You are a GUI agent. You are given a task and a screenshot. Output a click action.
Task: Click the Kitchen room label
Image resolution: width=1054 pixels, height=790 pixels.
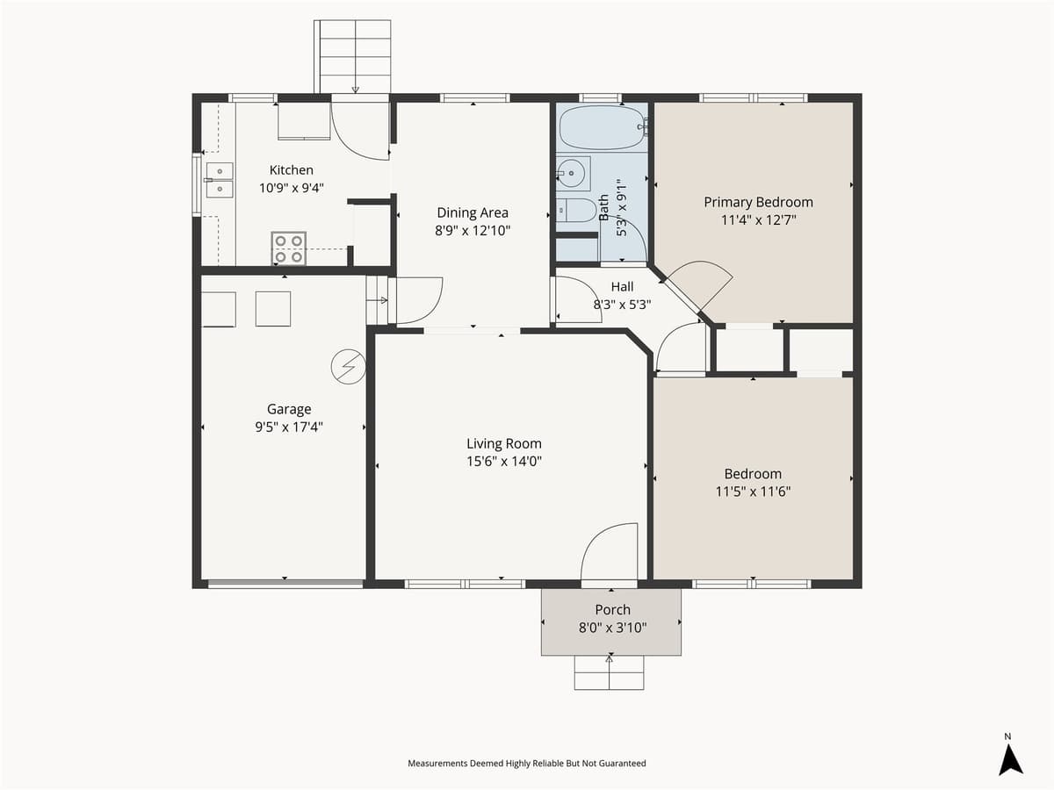click(x=291, y=170)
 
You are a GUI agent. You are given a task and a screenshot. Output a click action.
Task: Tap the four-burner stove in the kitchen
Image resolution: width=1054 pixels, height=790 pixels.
click(x=288, y=248)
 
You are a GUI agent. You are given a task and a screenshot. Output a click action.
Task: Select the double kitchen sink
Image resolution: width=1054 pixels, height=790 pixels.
click(x=219, y=180)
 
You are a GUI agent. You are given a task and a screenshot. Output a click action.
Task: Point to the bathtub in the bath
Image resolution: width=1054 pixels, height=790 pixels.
click(x=603, y=128)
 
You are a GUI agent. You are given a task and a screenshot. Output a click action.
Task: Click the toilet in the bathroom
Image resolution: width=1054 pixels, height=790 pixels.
click(x=574, y=211)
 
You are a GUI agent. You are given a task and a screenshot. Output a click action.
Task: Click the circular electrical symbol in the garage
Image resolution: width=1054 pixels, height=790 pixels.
click(x=348, y=367)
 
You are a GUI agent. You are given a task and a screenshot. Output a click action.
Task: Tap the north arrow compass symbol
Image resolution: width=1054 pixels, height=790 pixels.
click(x=1010, y=758)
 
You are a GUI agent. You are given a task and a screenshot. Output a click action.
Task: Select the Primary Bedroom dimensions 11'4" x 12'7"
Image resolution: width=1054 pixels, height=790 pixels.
click(x=758, y=219)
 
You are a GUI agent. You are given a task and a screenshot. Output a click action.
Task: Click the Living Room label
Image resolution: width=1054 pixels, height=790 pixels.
click(x=503, y=443)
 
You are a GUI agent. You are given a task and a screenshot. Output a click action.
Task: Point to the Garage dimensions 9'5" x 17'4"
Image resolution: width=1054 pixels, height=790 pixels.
click(x=289, y=427)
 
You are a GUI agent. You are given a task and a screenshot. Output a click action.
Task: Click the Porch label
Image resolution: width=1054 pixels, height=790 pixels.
click(x=612, y=610)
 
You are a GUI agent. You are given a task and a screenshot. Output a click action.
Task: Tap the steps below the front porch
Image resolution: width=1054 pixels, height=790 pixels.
click(x=610, y=672)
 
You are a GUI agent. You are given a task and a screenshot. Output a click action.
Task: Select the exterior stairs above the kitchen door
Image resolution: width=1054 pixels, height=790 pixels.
click(x=353, y=54)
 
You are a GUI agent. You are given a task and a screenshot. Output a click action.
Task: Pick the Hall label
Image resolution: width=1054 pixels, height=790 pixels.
click(x=622, y=287)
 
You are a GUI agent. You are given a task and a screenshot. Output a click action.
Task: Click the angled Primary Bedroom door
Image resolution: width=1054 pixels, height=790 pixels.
click(x=699, y=286)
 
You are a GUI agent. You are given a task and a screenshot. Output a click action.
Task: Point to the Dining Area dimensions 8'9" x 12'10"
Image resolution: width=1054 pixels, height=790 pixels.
click(x=473, y=230)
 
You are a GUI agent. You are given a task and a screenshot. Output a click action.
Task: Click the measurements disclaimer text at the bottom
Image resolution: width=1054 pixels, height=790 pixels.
click(x=526, y=764)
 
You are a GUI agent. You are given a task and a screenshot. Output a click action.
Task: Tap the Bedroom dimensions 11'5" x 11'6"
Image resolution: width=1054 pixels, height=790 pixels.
click(x=753, y=492)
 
